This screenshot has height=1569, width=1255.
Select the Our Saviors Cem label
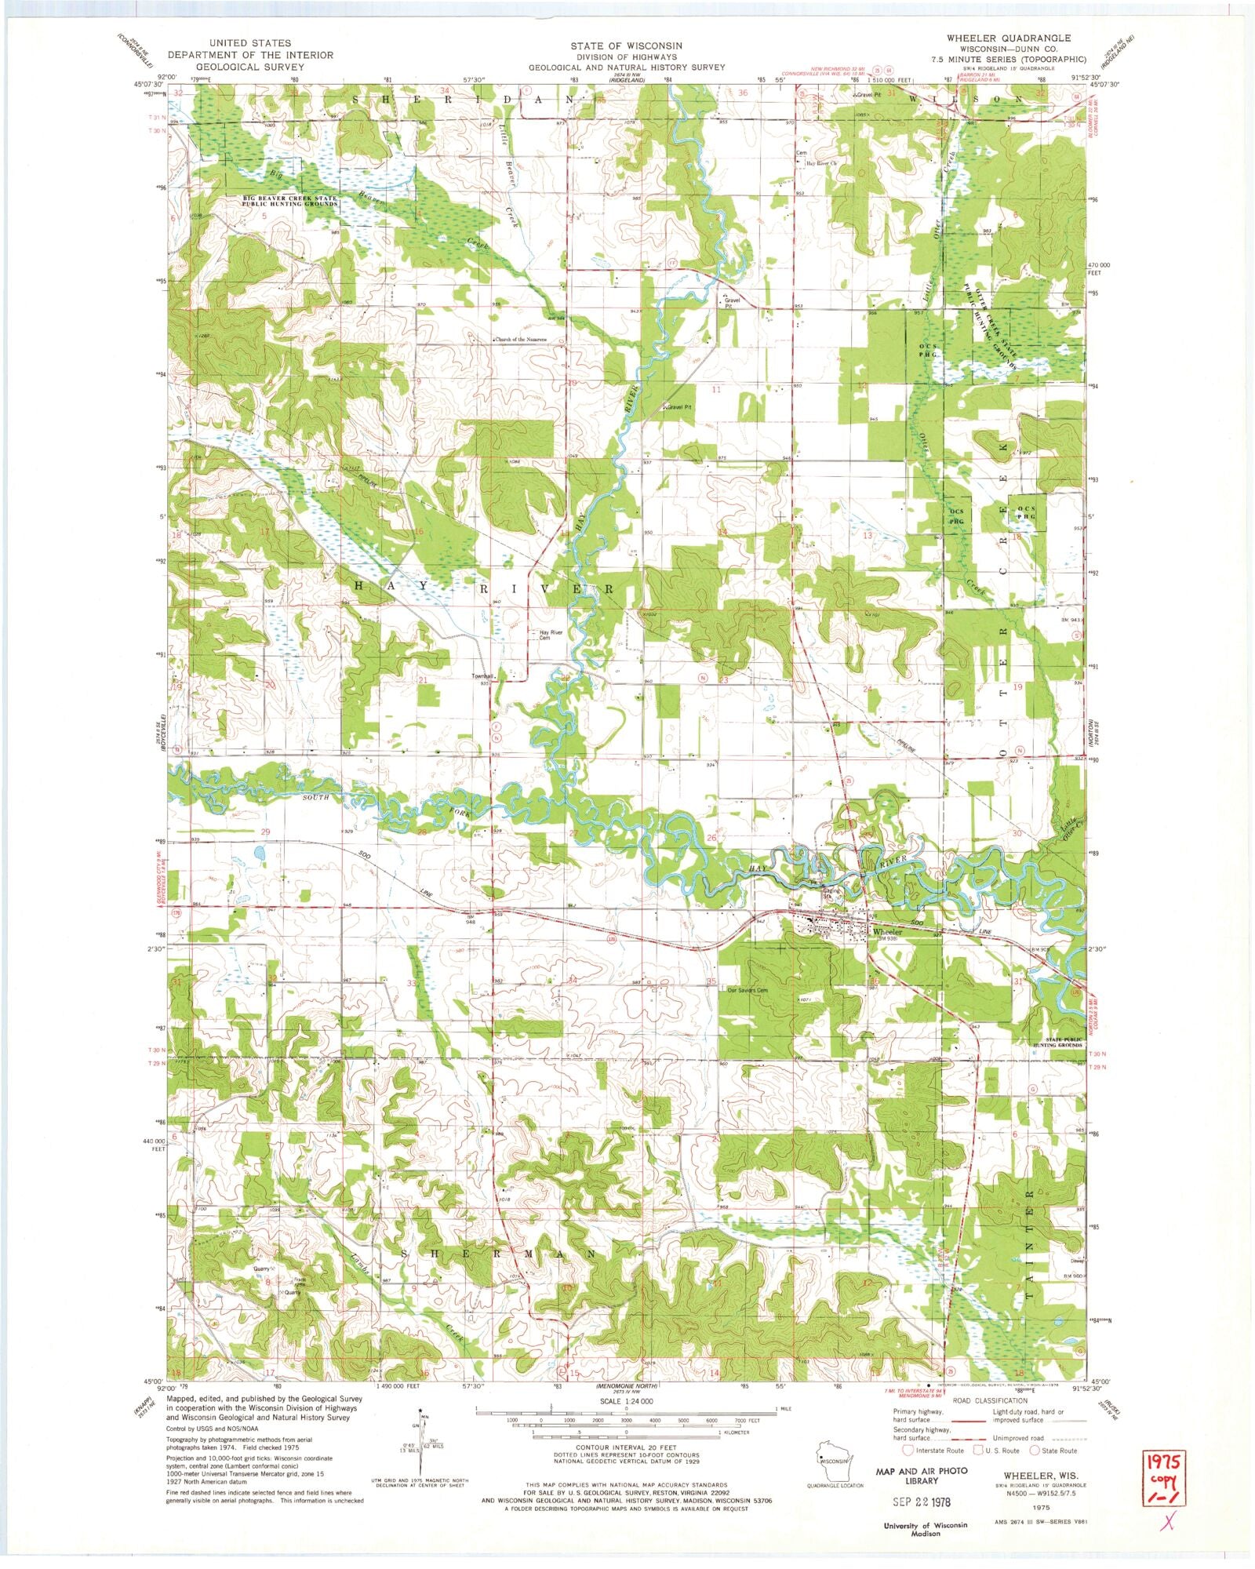(x=747, y=990)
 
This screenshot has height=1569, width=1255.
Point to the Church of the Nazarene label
(x=519, y=340)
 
